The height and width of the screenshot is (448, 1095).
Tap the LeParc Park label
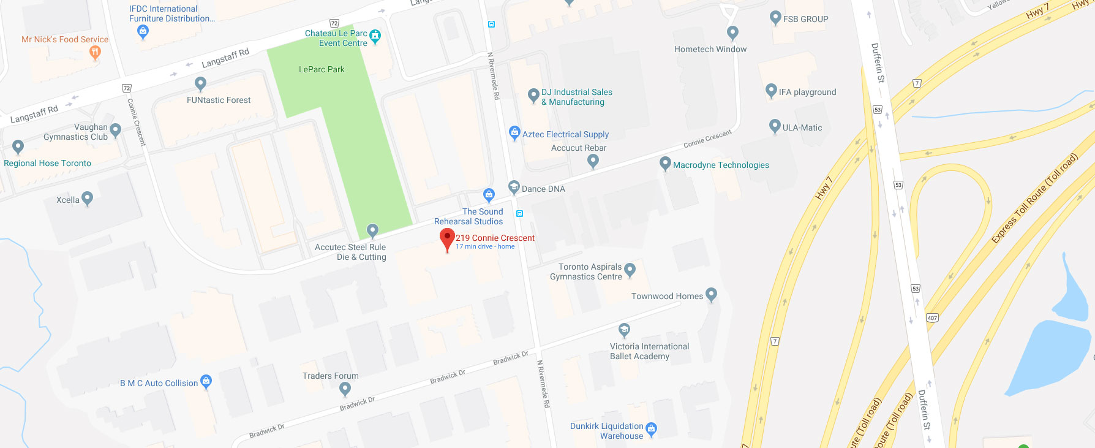pyautogui.click(x=322, y=70)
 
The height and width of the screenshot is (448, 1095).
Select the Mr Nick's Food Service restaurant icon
pyautogui.click(x=95, y=53)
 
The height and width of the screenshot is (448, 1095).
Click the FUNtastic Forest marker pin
pyautogui.click(x=200, y=83)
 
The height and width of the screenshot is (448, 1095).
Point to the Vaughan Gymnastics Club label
pyautogui.click(x=76, y=132)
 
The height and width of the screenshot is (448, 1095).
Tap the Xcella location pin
pyautogui.click(x=87, y=198)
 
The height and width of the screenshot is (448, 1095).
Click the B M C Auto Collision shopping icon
pyautogui.click(x=206, y=381)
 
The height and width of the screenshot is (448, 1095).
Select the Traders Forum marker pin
pyautogui.click(x=345, y=388)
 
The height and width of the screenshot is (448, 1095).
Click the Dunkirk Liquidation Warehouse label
pyautogui.click(x=606, y=431)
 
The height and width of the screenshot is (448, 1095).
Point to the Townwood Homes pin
pyautogui.click(x=711, y=295)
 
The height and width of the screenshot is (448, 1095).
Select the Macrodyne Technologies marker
pyautogui.click(x=665, y=164)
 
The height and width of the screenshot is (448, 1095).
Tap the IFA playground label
pyautogui.click(x=807, y=93)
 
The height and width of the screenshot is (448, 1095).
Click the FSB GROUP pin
pyautogui.click(x=775, y=18)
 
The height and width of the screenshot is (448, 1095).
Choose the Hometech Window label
pyautogui.click(x=710, y=50)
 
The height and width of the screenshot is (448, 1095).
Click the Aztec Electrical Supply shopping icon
pyautogui.click(x=514, y=132)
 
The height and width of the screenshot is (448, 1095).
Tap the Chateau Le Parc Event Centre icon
pyautogui.click(x=375, y=36)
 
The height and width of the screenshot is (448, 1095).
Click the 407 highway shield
pyautogui.click(x=932, y=318)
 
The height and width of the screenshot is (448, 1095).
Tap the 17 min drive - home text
pyautogui.click(x=485, y=247)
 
